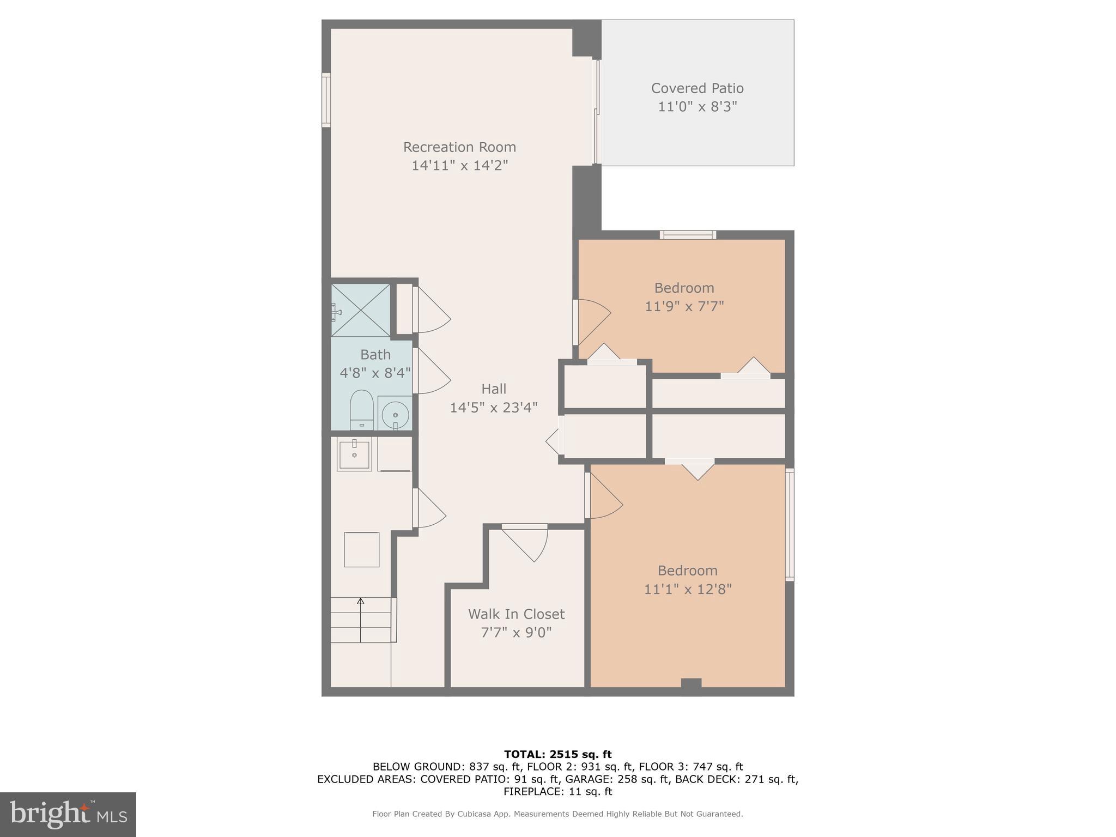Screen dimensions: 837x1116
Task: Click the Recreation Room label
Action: click(459, 147)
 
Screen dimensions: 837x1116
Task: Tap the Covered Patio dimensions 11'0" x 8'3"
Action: click(697, 106)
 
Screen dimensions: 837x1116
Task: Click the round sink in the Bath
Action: click(395, 414)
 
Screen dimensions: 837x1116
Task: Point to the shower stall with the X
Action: click(361, 310)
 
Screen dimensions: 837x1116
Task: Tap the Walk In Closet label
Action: click(516, 614)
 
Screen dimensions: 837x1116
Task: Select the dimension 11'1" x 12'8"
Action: click(687, 589)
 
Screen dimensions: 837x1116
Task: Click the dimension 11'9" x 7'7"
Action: click(684, 306)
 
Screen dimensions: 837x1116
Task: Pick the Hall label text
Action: click(494, 389)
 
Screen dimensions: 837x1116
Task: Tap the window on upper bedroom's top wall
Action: click(688, 235)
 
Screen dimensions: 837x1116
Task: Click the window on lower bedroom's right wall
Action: click(789, 524)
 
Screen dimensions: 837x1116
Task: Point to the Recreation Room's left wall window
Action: click(326, 100)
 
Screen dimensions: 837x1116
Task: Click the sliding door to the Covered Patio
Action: click(596, 112)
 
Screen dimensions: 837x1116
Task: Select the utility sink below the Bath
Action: click(354, 453)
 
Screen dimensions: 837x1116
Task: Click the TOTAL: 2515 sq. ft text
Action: click(557, 754)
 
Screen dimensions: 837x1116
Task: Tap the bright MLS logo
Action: click(68, 814)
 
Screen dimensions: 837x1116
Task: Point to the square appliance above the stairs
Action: click(361, 549)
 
